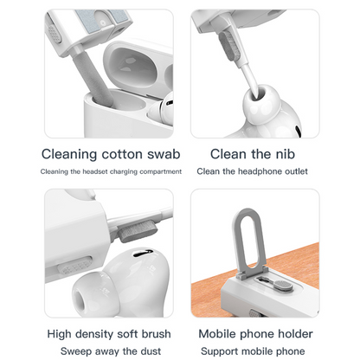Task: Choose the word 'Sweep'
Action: click(x=80, y=350)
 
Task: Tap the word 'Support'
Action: click(x=222, y=350)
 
